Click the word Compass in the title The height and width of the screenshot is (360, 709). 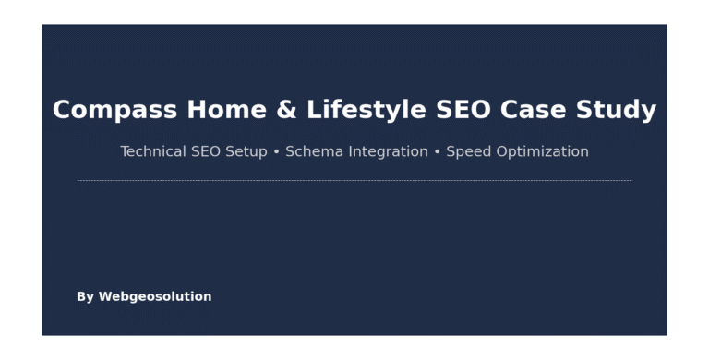(114, 111)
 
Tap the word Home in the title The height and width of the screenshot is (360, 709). (226, 110)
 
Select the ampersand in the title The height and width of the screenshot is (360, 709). (287, 110)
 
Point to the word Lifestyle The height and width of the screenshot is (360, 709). (367, 111)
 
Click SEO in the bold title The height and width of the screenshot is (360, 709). (463, 110)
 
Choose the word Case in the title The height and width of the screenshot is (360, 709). (533, 110)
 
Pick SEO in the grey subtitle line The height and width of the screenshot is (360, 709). (206, 151)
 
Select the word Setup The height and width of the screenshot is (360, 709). (246, 152)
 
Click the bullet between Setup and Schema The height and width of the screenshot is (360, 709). (276, 152)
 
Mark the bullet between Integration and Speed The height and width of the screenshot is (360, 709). (438, 152)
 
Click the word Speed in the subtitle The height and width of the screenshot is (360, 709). (469, 152)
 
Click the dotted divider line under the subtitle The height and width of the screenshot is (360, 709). (354, 180)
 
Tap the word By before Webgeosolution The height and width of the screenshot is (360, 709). (86, 297)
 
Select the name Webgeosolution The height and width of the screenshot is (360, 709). (155, 296)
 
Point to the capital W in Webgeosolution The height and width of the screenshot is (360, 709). (104, 296)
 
